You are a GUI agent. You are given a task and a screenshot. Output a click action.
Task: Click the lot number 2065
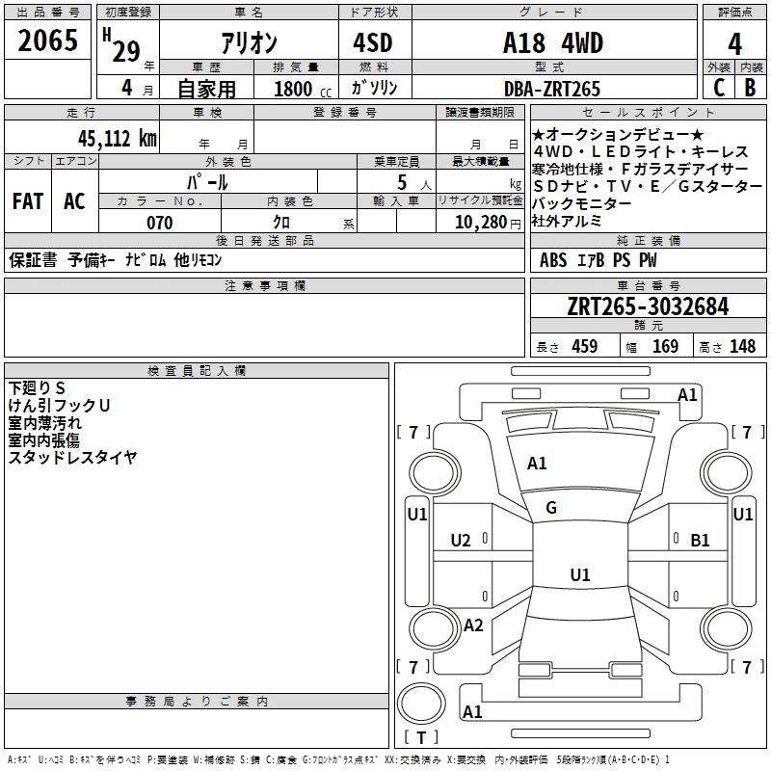[47, 41]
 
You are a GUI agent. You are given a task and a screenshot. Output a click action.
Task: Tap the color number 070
[160, 223]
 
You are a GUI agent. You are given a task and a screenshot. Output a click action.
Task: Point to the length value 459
[581, 347]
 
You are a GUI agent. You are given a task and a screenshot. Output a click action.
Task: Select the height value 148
[742, 347]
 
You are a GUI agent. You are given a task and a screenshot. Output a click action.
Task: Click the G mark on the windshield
[551, 508]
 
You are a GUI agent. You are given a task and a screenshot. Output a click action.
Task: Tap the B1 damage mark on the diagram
[701, 541]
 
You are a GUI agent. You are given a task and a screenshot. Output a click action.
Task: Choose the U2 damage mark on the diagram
[461, 541]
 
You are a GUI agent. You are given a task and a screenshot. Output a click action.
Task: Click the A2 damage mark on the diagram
[473, 625]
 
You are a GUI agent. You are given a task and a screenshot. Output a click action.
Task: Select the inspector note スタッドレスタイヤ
[73, 458]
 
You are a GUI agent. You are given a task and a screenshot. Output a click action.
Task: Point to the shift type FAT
[27, 200]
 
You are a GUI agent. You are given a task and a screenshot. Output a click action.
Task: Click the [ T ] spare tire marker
[421, 738]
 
